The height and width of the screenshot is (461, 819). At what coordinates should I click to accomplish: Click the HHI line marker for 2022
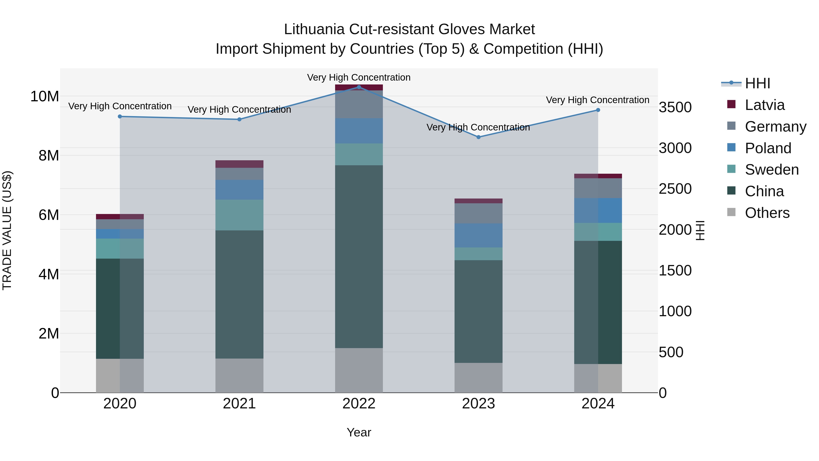point(359,87)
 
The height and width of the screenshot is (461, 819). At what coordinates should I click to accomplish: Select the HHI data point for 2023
point(478,137)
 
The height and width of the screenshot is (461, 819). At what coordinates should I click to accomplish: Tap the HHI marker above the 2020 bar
point(120,116)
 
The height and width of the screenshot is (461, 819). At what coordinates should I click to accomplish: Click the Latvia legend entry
point(764,105)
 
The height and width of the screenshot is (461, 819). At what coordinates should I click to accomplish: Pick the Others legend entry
point(767,213)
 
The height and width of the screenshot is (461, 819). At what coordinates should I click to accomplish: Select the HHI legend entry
point(757,83)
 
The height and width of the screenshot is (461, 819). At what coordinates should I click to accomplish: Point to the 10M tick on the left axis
point(45,96)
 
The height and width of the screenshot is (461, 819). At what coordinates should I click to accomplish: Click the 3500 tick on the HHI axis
point(675,107)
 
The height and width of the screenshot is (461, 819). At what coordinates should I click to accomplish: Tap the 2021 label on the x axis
point(239,404)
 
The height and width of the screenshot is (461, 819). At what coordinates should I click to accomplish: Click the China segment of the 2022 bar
point(359,256)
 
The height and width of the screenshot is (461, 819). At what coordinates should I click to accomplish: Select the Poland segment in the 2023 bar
point(478,235)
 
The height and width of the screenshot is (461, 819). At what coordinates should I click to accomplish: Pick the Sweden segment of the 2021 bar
point(239,215)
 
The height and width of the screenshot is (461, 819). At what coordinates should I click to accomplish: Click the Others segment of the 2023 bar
point(478,378)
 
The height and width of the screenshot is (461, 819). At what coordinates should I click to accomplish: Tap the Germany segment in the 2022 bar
point(359,104)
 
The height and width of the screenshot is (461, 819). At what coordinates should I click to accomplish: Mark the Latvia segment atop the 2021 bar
point(239,164)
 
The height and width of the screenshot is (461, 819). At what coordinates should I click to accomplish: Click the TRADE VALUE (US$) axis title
point(7,230)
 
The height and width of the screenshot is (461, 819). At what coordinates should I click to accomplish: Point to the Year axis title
point(359,432)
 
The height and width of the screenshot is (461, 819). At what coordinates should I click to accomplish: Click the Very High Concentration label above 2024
point(598,100)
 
